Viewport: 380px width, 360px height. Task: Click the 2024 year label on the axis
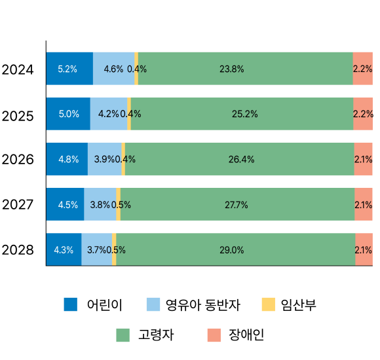point(18,69)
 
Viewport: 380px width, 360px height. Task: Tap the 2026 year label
point(18,159)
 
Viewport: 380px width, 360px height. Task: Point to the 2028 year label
point(18,249)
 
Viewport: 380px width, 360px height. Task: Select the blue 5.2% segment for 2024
point(69,69)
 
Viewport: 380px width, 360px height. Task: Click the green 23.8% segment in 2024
point(245,69)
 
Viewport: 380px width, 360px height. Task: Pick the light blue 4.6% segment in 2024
point(113,69)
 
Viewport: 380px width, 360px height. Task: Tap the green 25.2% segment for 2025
point(241,114)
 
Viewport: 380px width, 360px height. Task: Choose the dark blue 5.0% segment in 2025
point(68,114)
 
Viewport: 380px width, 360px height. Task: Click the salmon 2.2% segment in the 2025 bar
point(363,114)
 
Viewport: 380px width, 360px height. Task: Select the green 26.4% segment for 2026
point(239,159)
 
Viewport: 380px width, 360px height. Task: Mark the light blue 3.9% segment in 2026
point(104,159)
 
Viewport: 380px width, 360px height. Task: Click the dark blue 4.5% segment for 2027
point(65,204)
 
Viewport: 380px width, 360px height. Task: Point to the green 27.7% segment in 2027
point(237,204)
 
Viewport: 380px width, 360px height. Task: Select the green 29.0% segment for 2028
point(236,249)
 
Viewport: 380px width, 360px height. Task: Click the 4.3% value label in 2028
point(64,249)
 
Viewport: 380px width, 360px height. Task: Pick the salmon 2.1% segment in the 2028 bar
point(364,249)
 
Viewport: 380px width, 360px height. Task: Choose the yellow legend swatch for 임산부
point(268,304)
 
